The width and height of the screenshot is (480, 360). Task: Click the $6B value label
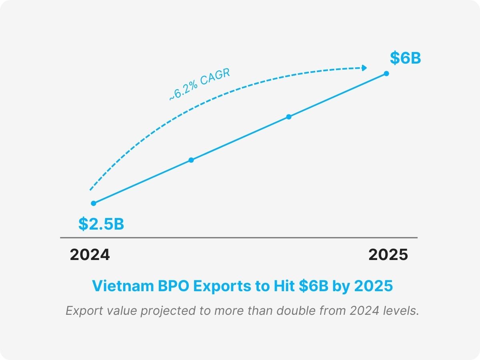405,58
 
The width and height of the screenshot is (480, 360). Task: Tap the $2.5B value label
101,224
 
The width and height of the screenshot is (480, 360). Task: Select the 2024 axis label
90,255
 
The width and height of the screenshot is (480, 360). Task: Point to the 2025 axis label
388,255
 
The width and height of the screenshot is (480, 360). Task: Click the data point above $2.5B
94,203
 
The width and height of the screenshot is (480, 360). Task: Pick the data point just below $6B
386,73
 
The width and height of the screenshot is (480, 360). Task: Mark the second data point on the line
191,160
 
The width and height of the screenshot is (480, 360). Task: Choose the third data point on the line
289,117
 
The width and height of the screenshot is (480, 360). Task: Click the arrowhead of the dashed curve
364,68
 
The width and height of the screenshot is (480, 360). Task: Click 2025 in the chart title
374,286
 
